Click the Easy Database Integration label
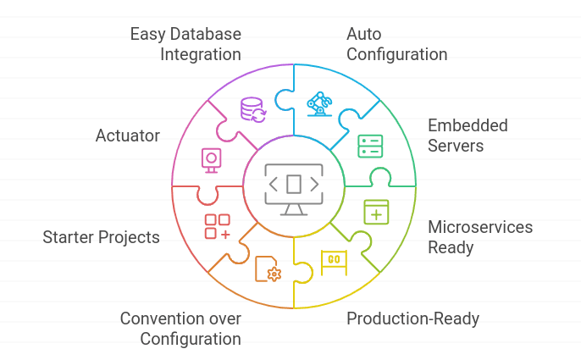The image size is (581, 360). coord(185,44)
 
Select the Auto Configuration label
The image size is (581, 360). coord(396,44)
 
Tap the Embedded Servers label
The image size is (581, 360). coord(468,136)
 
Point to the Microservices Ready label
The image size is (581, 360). coord(480,237)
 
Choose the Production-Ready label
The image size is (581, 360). coord(413,318)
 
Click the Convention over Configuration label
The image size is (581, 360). coord(180,329)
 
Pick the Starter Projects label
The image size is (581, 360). coord(102,237)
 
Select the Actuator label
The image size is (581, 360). coord(128,136)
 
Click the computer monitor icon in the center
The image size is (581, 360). coord(293,184)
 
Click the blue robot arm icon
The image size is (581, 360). coord(320,103)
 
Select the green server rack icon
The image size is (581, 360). coord(370,146)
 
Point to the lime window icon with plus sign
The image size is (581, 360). coord(376,211)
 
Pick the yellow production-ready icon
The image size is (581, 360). coord(334,260)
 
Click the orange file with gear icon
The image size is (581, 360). coord(268,269)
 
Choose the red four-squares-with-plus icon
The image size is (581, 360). coord(218,226)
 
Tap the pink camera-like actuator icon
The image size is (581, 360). coord(212,159)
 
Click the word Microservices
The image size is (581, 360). coord(480,227)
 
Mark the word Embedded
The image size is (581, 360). coord(468,125)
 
